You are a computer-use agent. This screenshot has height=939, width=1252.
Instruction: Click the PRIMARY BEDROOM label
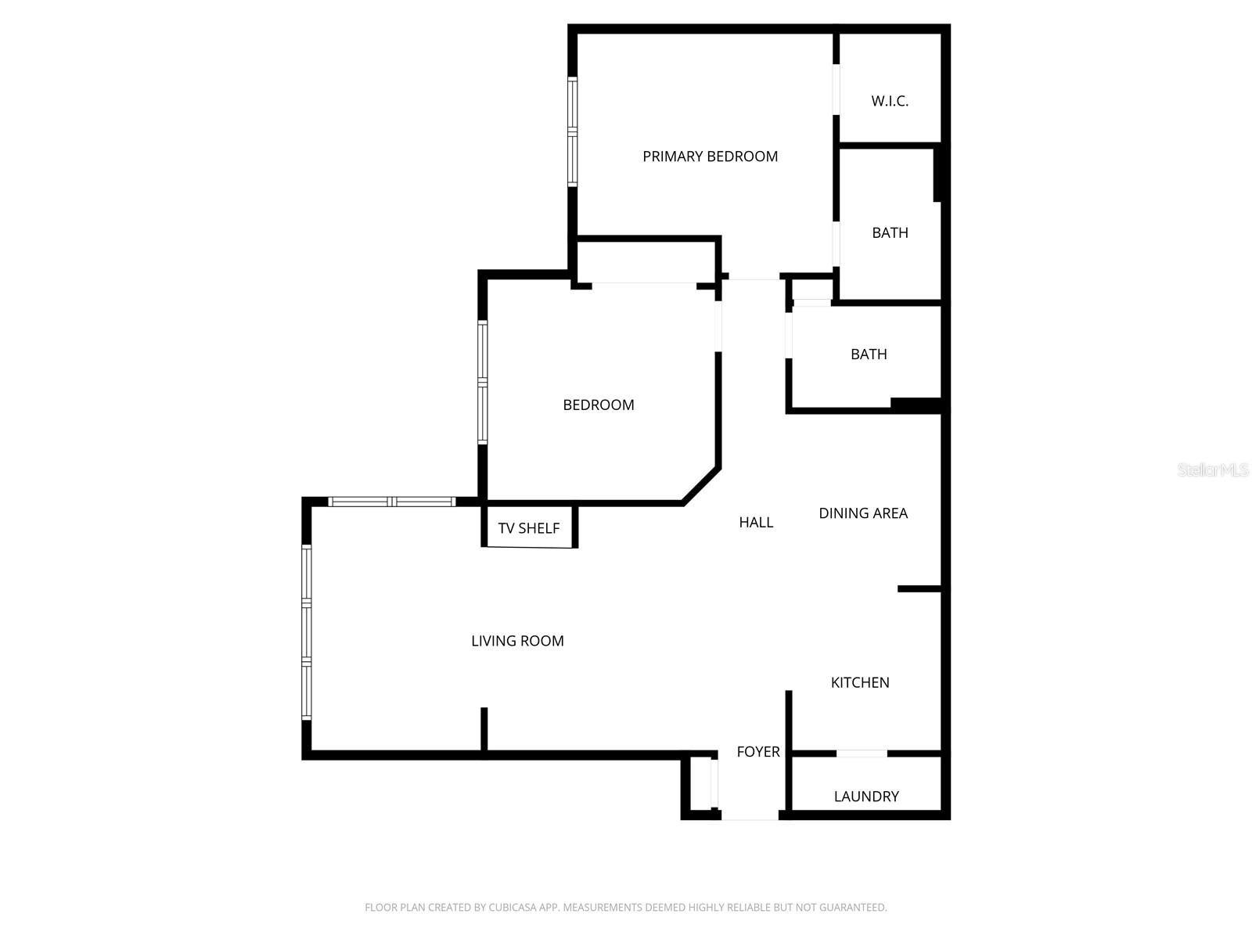710,156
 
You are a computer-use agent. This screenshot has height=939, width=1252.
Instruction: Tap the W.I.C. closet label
890,101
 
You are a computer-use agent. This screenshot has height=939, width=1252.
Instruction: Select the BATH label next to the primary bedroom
890,232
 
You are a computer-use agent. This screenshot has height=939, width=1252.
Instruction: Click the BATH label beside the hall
869,354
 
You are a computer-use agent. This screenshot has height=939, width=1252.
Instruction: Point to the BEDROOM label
599,405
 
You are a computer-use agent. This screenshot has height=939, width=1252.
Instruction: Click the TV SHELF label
529,528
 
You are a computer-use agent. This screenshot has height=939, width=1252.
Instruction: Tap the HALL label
756,522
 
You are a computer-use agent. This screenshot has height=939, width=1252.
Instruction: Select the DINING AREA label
863,513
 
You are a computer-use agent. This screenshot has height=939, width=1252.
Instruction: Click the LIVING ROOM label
517,641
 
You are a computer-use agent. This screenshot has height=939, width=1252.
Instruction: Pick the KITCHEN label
860,682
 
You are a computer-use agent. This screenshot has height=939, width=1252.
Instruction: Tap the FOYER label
758,751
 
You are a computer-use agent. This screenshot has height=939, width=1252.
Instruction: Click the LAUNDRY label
866,797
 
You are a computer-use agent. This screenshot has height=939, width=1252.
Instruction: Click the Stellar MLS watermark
1212,469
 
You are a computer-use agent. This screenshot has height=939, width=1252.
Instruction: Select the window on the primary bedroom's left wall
572,132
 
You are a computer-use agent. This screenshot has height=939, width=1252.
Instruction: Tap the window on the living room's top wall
391,502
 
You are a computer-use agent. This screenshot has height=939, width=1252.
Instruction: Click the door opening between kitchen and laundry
862,754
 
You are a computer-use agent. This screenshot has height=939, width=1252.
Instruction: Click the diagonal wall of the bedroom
701,486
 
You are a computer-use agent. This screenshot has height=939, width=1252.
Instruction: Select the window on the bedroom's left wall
483,383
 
